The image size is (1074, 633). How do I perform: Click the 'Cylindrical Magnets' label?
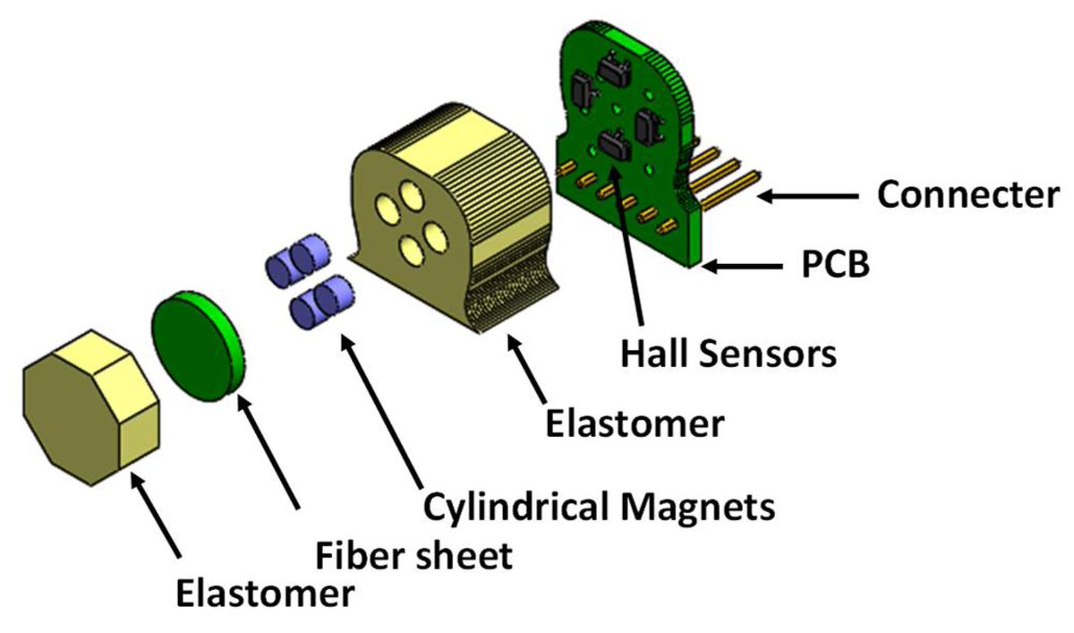coord(598,508)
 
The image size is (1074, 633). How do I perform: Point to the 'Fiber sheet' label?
coord(414,555)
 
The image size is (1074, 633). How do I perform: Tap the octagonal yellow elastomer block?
coord(91,408)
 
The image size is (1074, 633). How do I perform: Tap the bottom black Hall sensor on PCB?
coord(614,146)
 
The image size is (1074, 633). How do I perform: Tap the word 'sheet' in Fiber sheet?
coord(465,555)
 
